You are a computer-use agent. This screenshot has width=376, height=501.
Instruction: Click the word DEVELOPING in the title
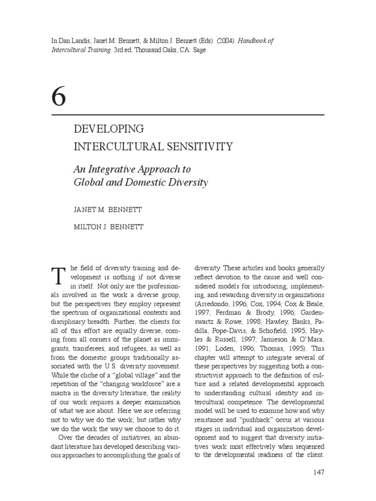[x=109, y=130]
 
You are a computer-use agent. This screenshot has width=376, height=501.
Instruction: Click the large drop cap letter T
[x=58, y=277]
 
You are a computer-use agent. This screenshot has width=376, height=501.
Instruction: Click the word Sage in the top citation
[x=200, y=50]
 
